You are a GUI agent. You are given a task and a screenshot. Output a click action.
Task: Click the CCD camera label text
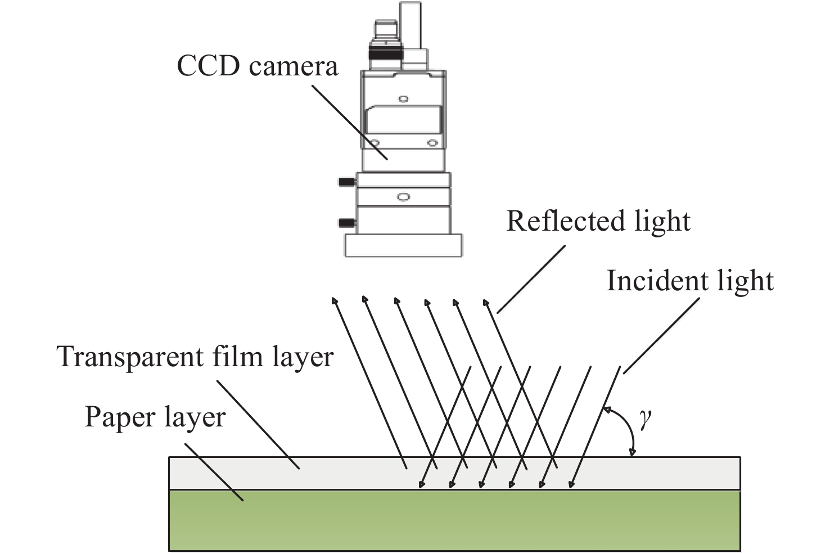pyautogui.click(x=257, y=66)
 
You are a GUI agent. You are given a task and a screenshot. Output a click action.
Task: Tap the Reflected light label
pyautogui.click(x=598, y=221)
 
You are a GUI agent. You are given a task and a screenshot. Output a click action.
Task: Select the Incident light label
pyautogui.click(x=690, y=281)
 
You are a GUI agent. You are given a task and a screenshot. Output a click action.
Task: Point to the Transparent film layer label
pyautogui.click(x=195, y=357)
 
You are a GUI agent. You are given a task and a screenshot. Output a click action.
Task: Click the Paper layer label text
pyautogui.click(x=155, y=417)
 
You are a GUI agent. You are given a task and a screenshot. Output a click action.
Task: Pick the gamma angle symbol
pyautogui.click(x=646, y=419)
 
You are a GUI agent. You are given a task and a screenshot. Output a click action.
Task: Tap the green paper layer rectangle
pyautogui.click(x=454, y=520)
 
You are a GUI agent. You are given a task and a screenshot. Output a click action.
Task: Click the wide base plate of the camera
pyautogui.click(x=403, y=246)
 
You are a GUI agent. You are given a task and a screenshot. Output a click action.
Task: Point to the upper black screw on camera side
pyautogui.click(x=346, y=182)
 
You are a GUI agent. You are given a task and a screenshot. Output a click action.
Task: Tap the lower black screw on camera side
pyautogui.click(x=346, y=223)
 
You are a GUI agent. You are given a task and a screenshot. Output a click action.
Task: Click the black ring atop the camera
pyautogui.click(x=386, y=52)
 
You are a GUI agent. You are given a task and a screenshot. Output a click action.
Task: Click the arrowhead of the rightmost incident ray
pyautogui.click(x=571, y=484)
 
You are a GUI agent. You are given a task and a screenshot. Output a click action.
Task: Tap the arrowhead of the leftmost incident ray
pyautogui.click(x=421, y=484)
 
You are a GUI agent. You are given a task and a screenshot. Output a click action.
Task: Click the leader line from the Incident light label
pyautogui.click(x=661, y=336)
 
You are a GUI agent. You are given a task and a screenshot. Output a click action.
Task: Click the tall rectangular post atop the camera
pyautogui.click(x=411, y=25)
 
